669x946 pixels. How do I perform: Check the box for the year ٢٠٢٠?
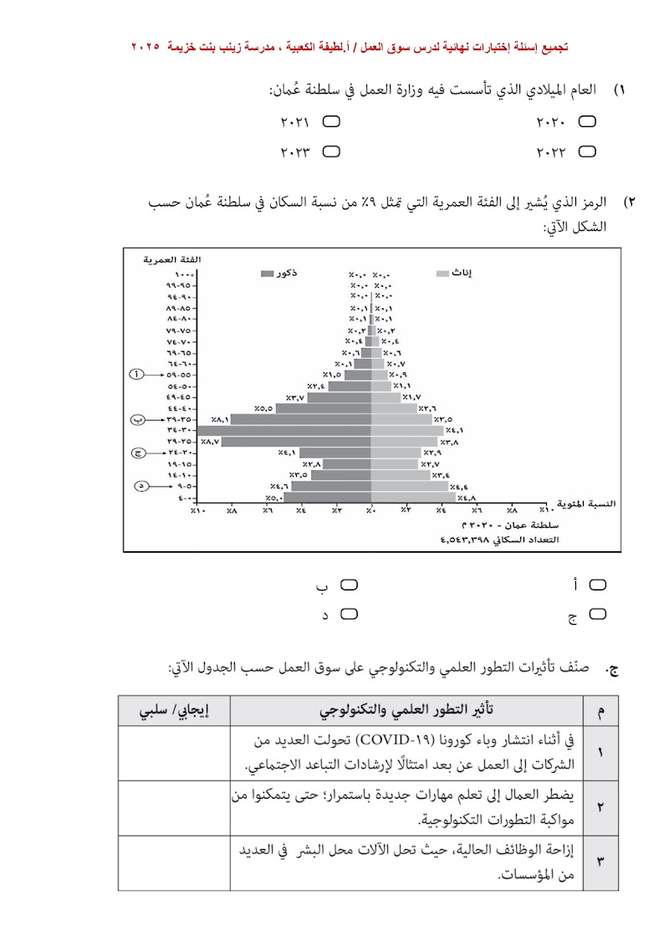tap(588, 122)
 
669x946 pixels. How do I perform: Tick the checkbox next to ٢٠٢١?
tap(331, 122)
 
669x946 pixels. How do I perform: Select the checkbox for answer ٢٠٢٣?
tap(331, 152)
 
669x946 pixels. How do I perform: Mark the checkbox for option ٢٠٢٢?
tap(588, 152)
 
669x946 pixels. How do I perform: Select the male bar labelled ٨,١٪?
tap(301, 419)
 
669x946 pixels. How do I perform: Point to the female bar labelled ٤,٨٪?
tap(413, 497)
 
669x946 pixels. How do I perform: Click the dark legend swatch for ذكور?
tap(267, 274)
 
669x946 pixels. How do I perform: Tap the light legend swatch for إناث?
tap(443, 274)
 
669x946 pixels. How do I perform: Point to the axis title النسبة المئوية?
tap(589, 504)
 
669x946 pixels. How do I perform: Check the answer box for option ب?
tap(349, 584)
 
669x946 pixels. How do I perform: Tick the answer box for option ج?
tap(598, 615)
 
